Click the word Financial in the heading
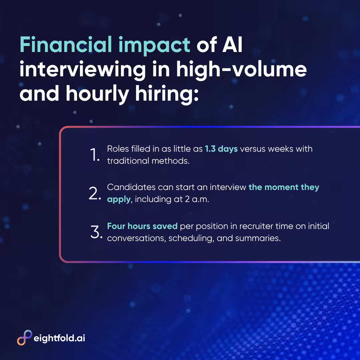point(66,44)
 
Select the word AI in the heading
point(232,45)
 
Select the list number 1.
point(95,155)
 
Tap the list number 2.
point(95,193)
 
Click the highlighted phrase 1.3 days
point(221,149)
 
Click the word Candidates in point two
point(131,187)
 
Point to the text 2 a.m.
point(197,199)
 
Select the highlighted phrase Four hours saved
point(142,226)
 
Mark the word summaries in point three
point(258,238)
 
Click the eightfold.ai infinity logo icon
point(25,337)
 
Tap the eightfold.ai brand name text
point(59,338)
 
